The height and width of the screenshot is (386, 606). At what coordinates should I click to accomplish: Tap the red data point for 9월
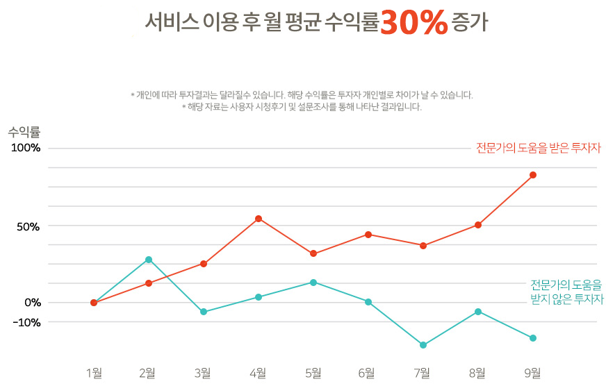(533, 175)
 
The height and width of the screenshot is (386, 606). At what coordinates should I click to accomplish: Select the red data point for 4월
(259, 219)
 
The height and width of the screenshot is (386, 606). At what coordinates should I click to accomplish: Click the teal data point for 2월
(149, 260)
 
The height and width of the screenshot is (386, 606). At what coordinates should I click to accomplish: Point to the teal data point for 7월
(423, 345)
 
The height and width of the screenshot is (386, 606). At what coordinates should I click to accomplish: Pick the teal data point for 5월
(313, 283)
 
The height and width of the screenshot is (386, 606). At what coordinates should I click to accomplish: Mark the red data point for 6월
(368, 235)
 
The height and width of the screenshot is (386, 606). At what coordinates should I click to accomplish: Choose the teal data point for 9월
(533, 338)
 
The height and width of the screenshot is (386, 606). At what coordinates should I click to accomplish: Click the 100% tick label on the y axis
(24, 148)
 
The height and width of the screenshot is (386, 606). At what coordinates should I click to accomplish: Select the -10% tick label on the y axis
(24, 322)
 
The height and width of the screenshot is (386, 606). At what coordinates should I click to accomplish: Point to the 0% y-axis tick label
(31, 302)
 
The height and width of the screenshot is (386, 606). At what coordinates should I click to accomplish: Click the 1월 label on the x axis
(94, 374)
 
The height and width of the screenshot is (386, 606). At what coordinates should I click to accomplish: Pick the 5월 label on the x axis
(313, 374)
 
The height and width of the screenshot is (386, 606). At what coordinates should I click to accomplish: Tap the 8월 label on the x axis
(477, 374)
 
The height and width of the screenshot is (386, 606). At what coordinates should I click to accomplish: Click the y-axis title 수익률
(25, 132)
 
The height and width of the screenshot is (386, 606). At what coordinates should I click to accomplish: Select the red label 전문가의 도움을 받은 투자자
(538, 148)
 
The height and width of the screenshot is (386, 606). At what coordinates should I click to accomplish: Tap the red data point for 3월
(204, 264)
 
